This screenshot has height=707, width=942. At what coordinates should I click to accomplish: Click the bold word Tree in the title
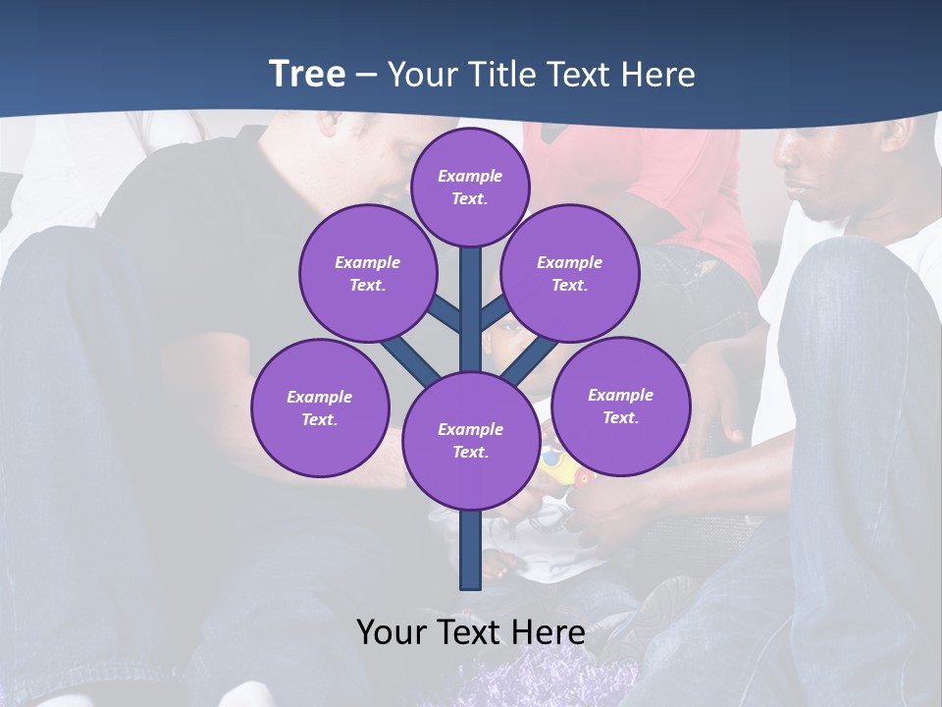307,74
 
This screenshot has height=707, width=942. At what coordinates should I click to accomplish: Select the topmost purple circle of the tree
470,187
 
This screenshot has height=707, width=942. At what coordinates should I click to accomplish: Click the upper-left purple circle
368,273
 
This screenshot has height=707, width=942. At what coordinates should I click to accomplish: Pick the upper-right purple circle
570,273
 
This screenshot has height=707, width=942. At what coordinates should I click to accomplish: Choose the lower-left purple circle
320,408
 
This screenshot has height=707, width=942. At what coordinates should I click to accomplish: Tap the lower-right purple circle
621,406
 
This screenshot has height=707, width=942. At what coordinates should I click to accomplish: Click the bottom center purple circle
471,440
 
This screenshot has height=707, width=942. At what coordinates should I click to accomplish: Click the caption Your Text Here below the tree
471,631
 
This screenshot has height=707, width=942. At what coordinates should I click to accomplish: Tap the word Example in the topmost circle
470,176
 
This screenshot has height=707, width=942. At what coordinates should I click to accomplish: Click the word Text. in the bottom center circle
470,452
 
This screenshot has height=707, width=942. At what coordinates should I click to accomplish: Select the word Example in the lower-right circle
620,395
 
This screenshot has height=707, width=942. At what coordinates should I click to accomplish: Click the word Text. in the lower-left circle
320,419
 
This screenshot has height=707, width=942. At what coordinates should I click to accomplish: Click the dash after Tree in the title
366,76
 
